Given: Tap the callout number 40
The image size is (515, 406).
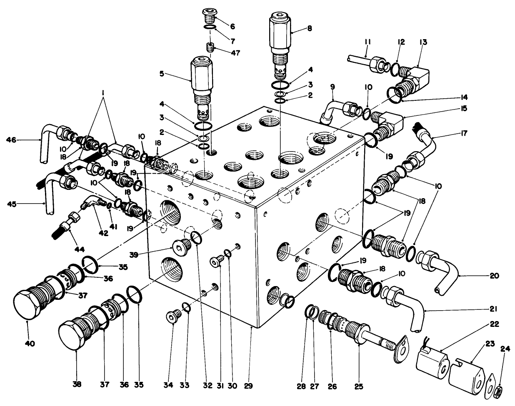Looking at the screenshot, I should [x=30, y=344].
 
